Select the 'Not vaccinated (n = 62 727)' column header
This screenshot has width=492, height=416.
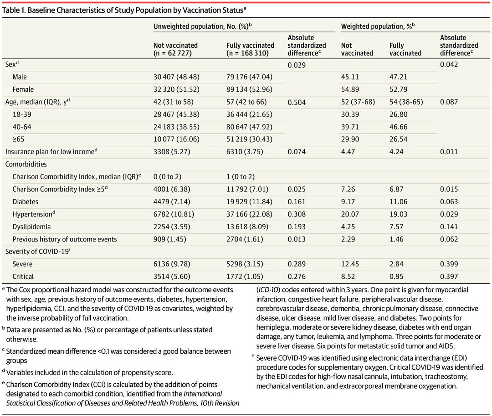pyautogui.click(x=176, y=49)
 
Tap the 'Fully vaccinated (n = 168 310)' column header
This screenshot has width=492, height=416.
pyautogui.click(x=250, y=49)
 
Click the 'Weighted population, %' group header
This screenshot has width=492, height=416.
pyautogui.click(x=378, y=26)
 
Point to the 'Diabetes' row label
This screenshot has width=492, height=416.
pyautogui.click(x=26, y=201)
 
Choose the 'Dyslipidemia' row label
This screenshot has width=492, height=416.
pyautogui.click(x=32, y=226)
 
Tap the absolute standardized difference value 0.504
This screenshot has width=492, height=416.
pyautogui.click(x=297, y=102)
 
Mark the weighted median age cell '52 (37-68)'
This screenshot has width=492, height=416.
pyautogui.click(x=358, y=102)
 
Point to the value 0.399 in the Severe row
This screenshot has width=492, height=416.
pyautogui.click(x=449, y=264)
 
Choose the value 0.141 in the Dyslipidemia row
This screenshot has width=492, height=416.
pyautogui.click(x=449, y=226)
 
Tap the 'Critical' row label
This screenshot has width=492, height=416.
pyautogui.click(x=24, y=276)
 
